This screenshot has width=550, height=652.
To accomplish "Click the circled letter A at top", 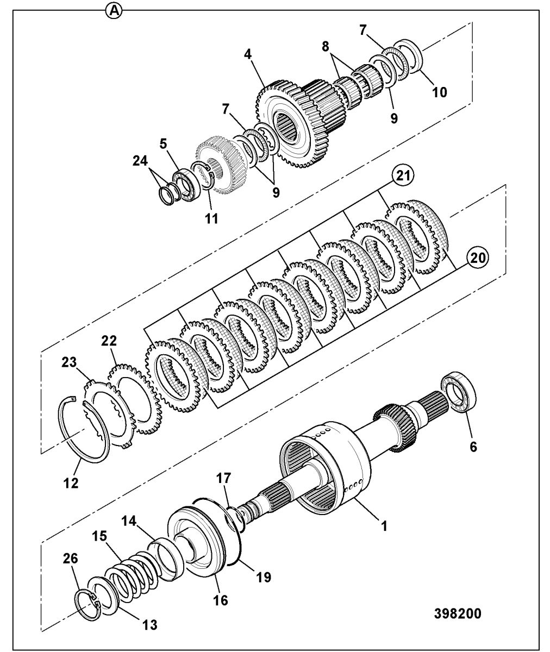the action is (114, 11).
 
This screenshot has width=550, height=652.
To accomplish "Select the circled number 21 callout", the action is (403, 176).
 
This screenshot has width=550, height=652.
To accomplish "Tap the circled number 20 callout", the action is (478, 258).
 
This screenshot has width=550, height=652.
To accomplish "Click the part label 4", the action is (248, 54).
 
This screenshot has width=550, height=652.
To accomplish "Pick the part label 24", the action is (140, 161).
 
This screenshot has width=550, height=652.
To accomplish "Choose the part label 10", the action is (439, 92).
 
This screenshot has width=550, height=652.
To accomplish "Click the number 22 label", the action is (109, 340).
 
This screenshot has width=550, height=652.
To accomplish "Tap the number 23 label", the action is (68, 362).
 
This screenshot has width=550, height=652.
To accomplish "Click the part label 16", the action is (220, 600).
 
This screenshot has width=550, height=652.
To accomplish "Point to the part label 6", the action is (473, 447).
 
